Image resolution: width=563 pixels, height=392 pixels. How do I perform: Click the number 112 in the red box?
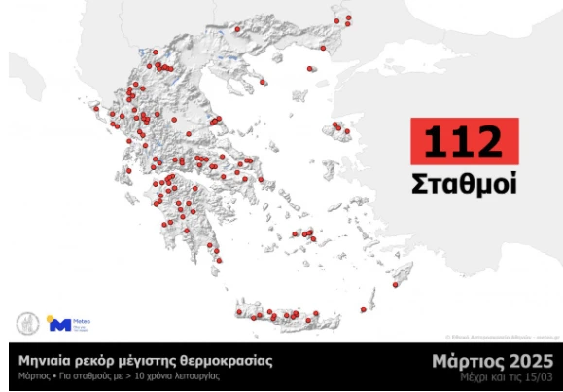463,141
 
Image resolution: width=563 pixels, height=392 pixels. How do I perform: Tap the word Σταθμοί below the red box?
463,183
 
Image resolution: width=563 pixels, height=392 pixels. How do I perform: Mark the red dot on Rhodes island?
395,286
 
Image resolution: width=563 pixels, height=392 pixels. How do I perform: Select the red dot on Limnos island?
309,69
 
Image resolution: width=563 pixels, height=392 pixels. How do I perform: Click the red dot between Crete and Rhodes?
363,309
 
